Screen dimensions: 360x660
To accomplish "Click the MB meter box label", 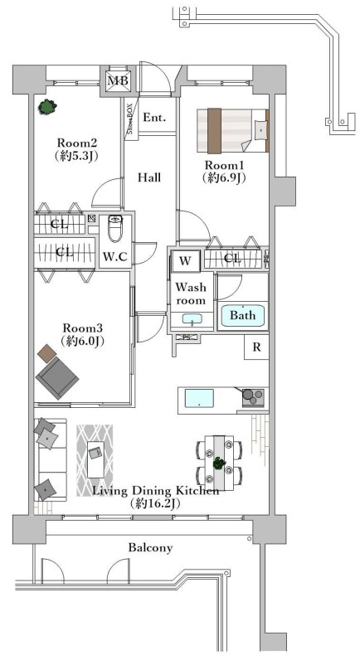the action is tap(118, 80).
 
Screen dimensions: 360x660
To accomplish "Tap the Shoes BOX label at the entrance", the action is tap(130, 119).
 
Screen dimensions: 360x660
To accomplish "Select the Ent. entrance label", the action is tap(154, 118).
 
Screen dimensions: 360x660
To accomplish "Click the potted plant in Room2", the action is tap(46, 107).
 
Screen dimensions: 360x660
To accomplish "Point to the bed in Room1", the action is tap(233, 130).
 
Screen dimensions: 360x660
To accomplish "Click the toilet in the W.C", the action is tap(114, 228).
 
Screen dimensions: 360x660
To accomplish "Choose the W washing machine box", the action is tap(185, 261).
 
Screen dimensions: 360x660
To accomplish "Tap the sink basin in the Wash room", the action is tap(192, 319).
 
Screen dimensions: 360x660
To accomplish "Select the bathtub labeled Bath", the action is tap(243, 315).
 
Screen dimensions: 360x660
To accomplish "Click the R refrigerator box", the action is tap(256, 347).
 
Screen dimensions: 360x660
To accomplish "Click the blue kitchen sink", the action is tap(200, 397).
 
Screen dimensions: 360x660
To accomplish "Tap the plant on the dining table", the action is tap(218, 463).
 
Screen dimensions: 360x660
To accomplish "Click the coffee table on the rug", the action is tap(95, 459).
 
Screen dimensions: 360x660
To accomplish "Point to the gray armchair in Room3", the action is tap(57, 377).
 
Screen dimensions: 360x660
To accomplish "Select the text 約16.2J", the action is tap(156, 503).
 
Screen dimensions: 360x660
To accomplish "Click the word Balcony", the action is tap(150, 547).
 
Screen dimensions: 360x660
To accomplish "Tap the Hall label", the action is tap(149, 177).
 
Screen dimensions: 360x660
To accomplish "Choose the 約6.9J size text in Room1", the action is tap(224, 177).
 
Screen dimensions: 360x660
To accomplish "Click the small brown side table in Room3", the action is tap(46, 352).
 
